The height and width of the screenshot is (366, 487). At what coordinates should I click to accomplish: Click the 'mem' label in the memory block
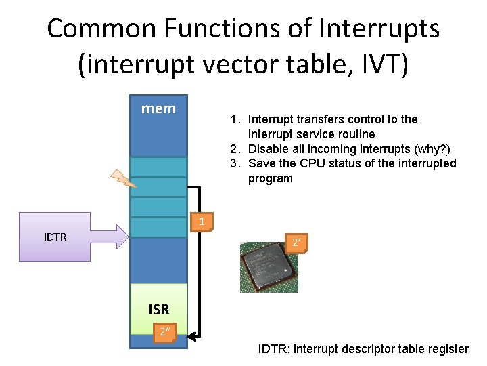[158, 108]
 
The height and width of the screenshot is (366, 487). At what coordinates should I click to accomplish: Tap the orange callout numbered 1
[202, 222]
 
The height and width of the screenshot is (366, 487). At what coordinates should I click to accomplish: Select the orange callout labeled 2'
[296, 243]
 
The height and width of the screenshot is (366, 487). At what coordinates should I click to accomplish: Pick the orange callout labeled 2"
[164, 332]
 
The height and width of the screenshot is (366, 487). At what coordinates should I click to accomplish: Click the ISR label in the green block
[159, 310]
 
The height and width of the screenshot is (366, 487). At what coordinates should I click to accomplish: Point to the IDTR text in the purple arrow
[55, 237]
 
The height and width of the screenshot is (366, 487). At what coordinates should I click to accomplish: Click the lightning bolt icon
[124, 178]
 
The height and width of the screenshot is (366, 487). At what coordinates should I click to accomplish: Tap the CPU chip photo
[269, 267]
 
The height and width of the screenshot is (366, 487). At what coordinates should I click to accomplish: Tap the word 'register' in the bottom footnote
[448, 349]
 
